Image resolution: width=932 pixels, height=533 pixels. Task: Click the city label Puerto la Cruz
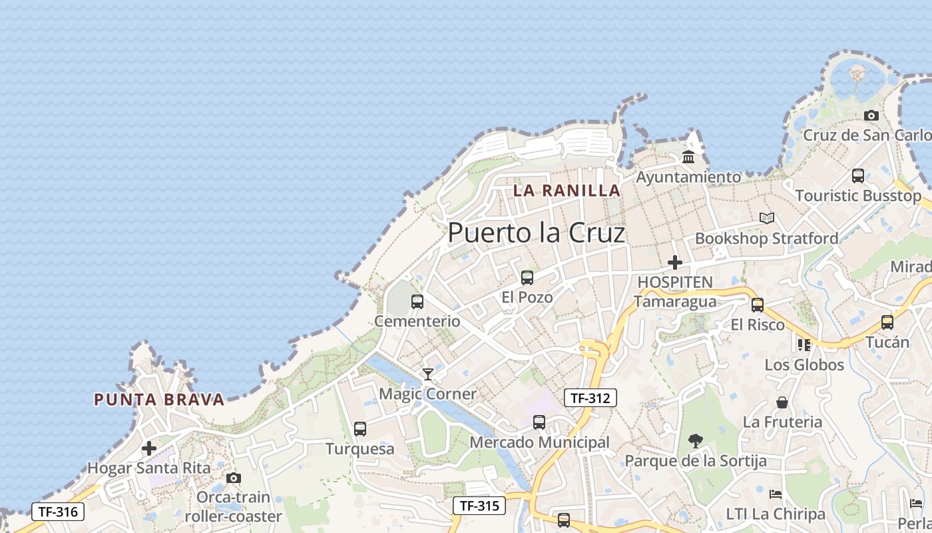[536, 233]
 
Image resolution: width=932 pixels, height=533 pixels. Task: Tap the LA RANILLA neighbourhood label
[567, 191]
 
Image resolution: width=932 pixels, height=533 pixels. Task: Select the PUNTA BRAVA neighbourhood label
[159, 400]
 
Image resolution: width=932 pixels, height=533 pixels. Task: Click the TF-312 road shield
[590, 398]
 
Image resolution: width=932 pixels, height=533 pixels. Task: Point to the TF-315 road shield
[479, 506]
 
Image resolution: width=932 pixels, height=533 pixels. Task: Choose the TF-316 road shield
[58, 512]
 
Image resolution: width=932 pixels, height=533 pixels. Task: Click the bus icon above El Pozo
[527, 277]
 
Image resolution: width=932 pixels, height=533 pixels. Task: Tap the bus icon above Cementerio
[417, 302]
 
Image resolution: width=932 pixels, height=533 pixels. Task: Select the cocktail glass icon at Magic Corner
[428, 374]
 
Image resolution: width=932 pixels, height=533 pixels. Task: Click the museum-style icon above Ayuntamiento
[688, 157]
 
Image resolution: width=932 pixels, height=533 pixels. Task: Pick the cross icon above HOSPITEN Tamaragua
[675, 263]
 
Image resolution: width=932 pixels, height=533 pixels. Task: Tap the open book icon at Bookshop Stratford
[767, 218]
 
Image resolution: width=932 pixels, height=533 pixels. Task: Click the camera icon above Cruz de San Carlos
[871, 116]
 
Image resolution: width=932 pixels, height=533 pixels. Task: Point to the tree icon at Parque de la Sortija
[696, 440]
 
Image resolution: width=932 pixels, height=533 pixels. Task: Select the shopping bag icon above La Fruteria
[782, 402]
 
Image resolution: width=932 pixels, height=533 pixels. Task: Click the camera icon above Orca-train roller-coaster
[233, 478]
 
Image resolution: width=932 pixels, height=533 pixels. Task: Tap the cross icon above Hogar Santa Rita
[149, 448]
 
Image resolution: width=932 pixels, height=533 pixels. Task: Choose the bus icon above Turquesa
[360, 429]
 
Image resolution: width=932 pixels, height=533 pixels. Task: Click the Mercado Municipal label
[539, 442]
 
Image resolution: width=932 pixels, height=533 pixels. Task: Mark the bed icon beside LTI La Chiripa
[776, 494]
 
